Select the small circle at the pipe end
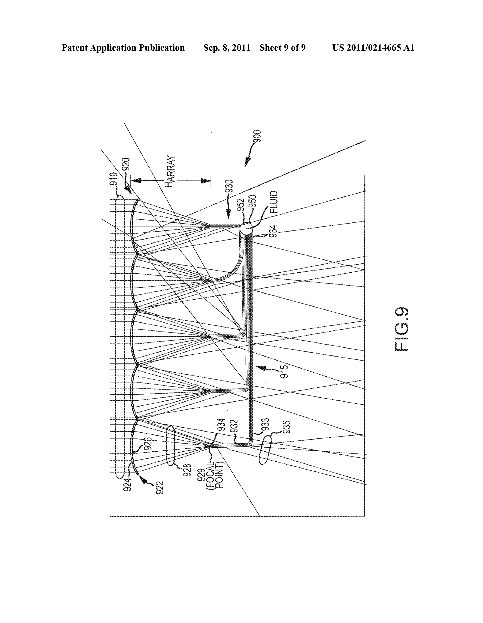[246, 229]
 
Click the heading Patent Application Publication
[123, 48]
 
